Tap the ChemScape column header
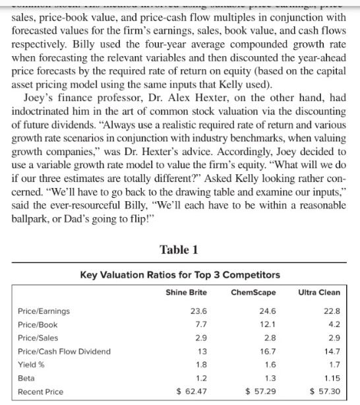point(255,292)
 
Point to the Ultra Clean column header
point(319,292)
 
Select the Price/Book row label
point(38,325)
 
